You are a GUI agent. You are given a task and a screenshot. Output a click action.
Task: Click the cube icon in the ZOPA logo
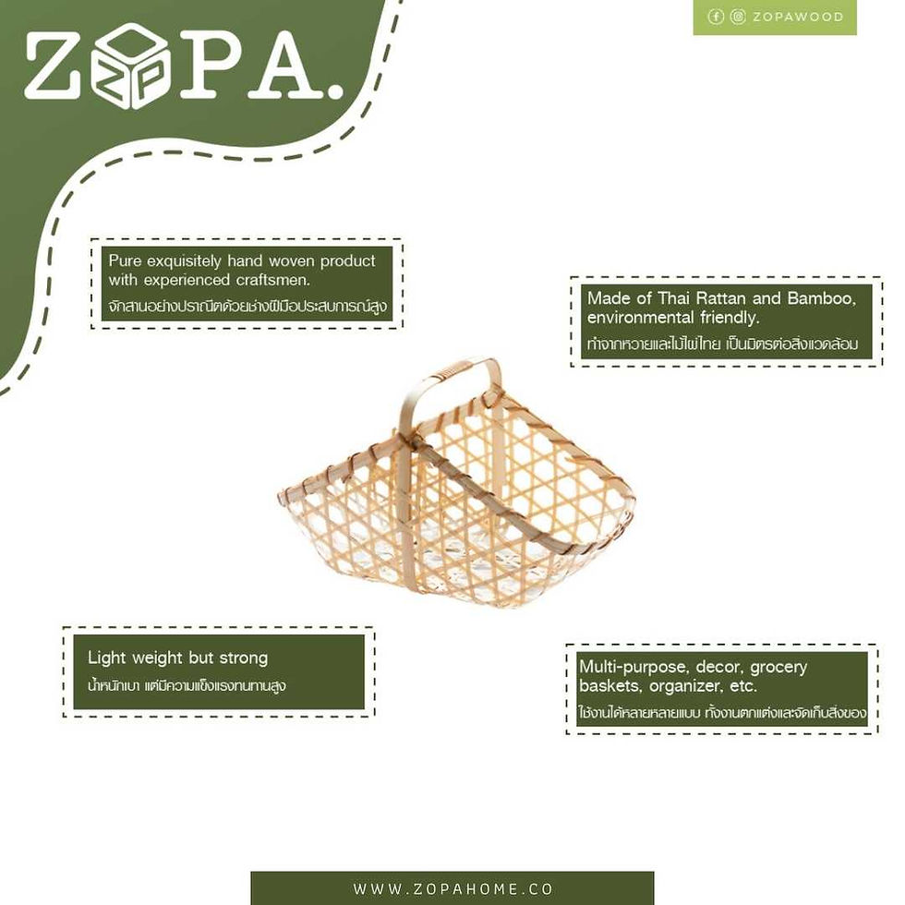click(x=131, y=65)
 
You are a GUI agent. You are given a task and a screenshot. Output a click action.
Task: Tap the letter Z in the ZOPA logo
click(x=52, y=64)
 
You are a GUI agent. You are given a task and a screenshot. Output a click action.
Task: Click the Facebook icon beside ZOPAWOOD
click(x=716, y=17)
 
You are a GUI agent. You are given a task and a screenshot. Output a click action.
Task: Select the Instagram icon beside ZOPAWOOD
click(x=738, y=17)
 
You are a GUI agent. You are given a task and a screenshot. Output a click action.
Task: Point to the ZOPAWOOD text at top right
click(x=798, y=17)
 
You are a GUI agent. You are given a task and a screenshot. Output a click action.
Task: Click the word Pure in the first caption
click(x=125, y=260)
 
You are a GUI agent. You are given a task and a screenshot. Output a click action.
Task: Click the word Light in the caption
click(x=107, y=658)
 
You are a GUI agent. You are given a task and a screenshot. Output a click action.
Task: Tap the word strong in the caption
click(x=244, y=658)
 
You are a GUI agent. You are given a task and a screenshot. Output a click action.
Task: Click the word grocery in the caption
click(x=778, y=668)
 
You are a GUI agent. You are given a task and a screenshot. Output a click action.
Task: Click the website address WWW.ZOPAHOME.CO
click(x=453, y=888)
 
